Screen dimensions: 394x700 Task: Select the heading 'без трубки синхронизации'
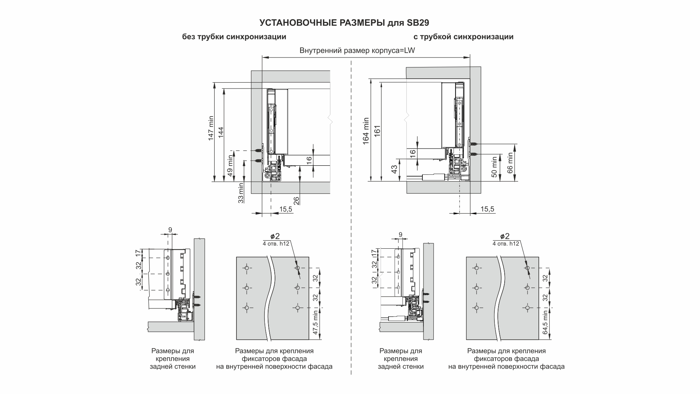click(x=234, y=37)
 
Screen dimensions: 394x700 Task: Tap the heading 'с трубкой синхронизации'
click(x=463, y=37)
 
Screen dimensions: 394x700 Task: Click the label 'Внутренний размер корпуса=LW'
click(x=357, y=51)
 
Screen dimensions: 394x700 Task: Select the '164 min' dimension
click(x=366, y=131)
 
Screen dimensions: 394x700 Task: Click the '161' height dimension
click(x=377, y=131)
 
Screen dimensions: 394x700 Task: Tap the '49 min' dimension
click(x=230, y=166)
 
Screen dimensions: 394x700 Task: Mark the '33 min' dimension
click(x=240, y=194)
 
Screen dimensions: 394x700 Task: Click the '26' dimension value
click(x=296, y=201)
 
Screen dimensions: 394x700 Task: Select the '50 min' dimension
click(x=494, y=167)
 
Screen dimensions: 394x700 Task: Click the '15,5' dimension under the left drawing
click(x=286, y=209)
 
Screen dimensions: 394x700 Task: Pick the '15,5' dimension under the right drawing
click(x=487, y=209)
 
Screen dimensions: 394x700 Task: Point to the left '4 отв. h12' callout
click(x=276, y=244)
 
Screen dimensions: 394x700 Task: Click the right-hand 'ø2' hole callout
click(x=505, y=236)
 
